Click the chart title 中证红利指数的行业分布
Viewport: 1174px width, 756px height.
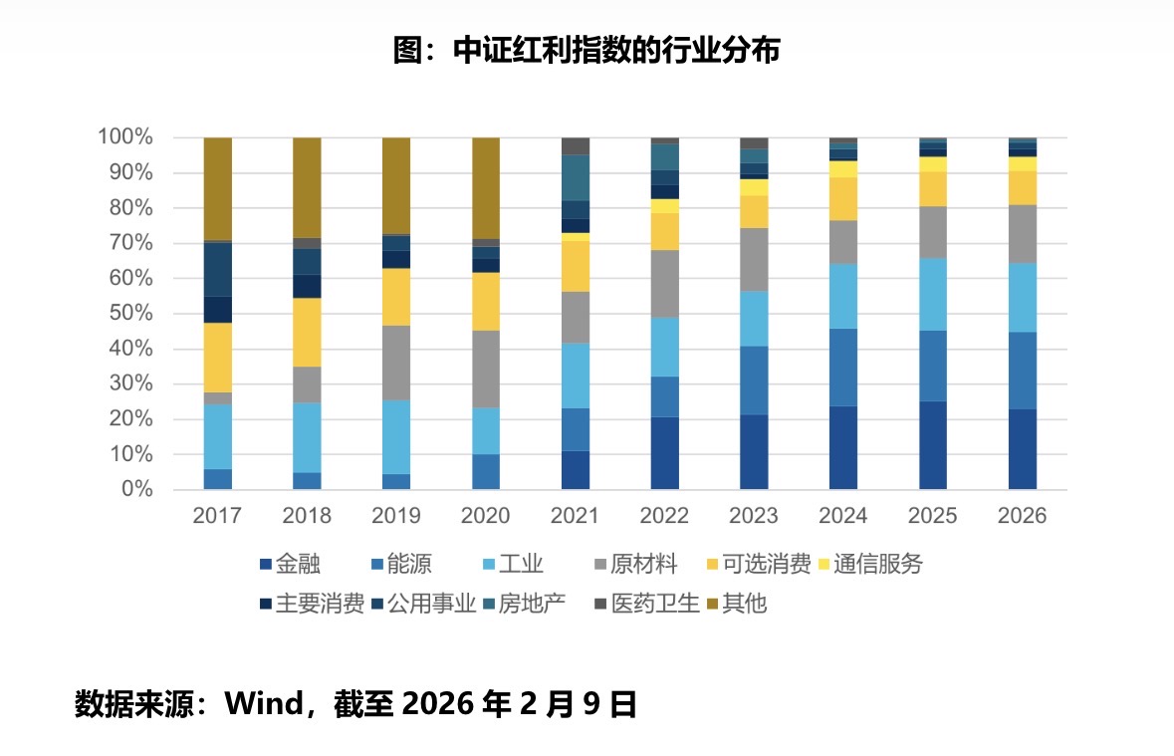pos(587,50)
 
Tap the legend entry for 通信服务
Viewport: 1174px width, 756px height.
pos(867,565)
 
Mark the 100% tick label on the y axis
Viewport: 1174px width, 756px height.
pos(126,137)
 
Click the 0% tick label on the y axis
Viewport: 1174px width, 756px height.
pos(136,490)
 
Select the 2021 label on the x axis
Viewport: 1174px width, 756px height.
pos(576,516)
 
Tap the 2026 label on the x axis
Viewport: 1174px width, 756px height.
pos(1023,516)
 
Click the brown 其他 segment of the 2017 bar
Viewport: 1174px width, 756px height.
pos(218,188)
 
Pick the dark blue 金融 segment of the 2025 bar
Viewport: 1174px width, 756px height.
pos(933,445)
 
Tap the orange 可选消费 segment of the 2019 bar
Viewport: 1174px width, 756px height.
pos(396,297)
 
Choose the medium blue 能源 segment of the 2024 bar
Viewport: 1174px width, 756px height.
pos(843,367)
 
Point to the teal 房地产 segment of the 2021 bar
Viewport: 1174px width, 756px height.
pos(576,177)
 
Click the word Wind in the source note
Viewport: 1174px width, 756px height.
pos(263,705)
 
